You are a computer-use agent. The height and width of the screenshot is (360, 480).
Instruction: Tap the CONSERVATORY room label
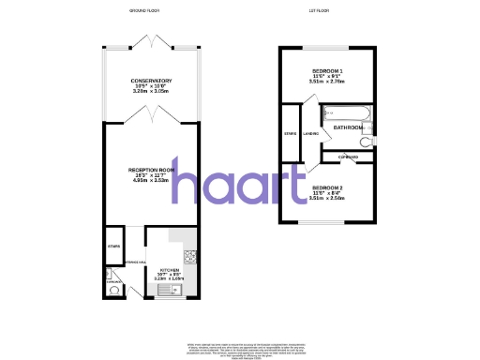click(x=151, y=81)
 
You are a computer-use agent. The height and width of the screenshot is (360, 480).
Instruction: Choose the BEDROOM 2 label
click(x=328, y=188)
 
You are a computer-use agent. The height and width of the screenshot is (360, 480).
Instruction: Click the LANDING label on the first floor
click(x=310, y=132)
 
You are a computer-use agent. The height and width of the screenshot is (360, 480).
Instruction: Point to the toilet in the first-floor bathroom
click(x=368, y=140)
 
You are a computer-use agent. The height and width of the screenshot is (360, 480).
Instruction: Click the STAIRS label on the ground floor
click(x=113, y=246)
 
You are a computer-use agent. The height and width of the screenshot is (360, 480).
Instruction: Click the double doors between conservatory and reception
click(x=151, y=114)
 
